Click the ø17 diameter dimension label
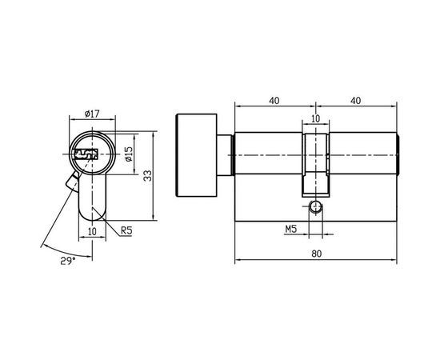(93, 114)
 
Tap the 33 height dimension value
(147, 175)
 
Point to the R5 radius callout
(126, 232)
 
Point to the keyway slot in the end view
(85, 152)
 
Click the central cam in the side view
(315, 160)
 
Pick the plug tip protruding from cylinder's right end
(399, 154)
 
